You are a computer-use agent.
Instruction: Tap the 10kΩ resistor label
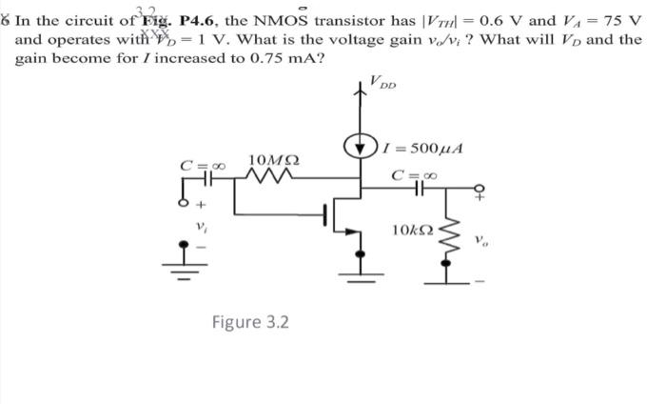pos(410,230)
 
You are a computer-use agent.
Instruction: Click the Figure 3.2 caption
pos(250,322)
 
